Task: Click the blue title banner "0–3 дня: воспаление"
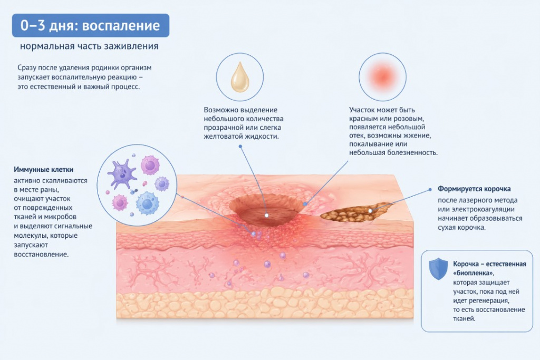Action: pos(91,25)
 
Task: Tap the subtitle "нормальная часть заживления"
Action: pos(89,46)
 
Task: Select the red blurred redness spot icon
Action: pos(382,76)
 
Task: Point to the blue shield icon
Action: pos(438,268)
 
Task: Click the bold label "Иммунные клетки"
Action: pos(43,169)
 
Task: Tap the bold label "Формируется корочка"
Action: pos(474,189)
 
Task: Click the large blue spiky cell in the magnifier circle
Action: pos(148,203)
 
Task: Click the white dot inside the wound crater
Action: pos(266,216)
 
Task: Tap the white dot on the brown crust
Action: pos(370,211)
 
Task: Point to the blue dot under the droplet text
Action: pos(240,147)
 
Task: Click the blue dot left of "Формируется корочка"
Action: pos(430,190)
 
